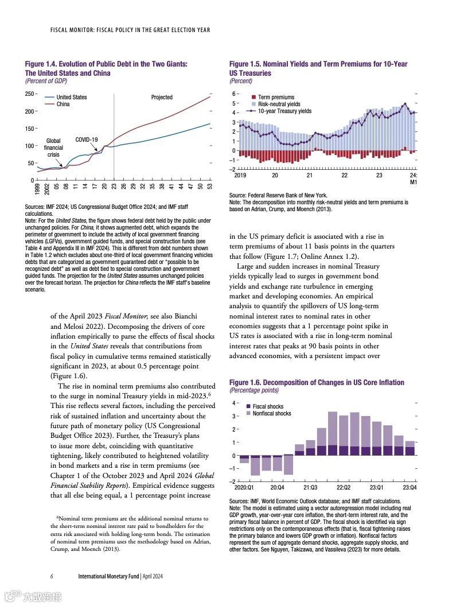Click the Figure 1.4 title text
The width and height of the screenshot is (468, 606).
click(x=106, y=68)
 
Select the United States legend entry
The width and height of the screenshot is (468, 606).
click(x=71, y=97)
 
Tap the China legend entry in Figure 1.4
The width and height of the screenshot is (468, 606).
click(x=63, y=104)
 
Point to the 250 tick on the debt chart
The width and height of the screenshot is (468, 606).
click(x=29, y=93)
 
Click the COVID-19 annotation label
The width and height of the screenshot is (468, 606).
click(x=87, y=139)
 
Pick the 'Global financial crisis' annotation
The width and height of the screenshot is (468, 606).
click(x=53, y=147)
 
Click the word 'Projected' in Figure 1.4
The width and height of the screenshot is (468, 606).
click(x=162, y=97)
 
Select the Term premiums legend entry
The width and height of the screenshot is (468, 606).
click(x=276, y=98)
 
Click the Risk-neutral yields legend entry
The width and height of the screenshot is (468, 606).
click(x=279, y=104)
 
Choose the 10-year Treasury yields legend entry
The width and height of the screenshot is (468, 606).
click(x=284, y=111)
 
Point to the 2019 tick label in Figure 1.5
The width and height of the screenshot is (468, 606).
click(x=240, y=175)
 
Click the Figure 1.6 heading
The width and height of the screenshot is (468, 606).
click(x=317, y=382)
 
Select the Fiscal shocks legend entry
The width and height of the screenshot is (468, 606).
click(x=268, y=406)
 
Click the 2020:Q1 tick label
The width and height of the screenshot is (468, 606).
click(x=244, y=487)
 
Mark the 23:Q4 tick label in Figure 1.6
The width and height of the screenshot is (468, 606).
click(x=409, y=487)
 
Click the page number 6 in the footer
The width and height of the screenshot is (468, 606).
click(x=52, y=576)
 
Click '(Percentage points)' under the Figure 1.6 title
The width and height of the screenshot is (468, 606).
click(x=253, y=390)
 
